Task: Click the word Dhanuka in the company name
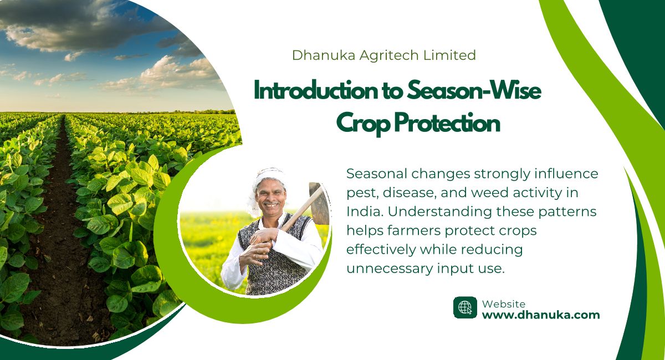(324, 55)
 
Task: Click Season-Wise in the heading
(474, 90)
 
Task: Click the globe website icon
(465, 307)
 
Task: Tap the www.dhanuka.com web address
(541, 315)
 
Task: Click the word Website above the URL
(504, 304)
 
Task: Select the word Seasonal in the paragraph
(376, 173)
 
